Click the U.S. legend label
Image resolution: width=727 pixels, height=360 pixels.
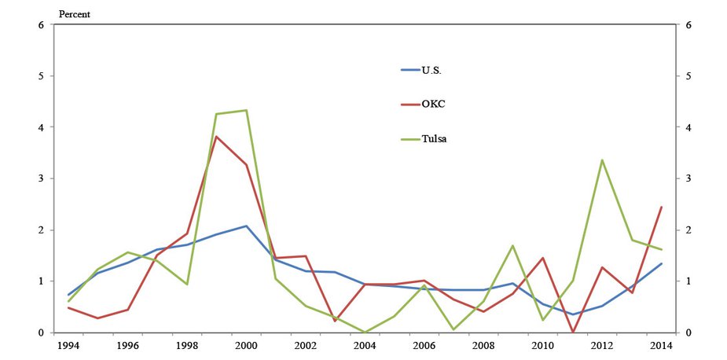tap(431, 70)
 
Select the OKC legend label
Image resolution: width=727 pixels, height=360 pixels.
tap(433, 104)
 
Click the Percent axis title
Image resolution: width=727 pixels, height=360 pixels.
tap(75, 13)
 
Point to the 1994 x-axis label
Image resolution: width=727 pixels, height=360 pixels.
tap(68, 345)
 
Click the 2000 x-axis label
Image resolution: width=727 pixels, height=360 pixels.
tap(246, 345)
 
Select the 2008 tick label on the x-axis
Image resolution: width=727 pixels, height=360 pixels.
tap(483, 345)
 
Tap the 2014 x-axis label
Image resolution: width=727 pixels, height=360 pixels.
tap(661, 345)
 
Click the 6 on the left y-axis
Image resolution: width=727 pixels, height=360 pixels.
tap(40, 25)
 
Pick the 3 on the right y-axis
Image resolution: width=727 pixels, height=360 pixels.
tap(688, 178)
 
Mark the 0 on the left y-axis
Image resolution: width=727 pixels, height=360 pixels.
tap(40, 332)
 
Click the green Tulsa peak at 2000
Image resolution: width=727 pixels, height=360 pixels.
tap(246, 110)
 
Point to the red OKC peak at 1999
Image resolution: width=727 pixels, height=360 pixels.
tap(216, 137)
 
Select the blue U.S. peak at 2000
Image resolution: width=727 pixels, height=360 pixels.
tap(246, 226)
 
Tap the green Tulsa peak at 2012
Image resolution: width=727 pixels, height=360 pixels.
tap(602, 160)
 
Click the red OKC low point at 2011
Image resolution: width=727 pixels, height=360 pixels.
tap(572, 332)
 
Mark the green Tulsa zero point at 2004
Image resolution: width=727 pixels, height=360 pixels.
tap(365, 332)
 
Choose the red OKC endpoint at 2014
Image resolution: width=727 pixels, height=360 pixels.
tap(661, 207)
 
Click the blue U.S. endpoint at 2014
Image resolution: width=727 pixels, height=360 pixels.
tap(661, 263)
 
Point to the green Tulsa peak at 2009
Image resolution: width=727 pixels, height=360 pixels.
tap(513, 245)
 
